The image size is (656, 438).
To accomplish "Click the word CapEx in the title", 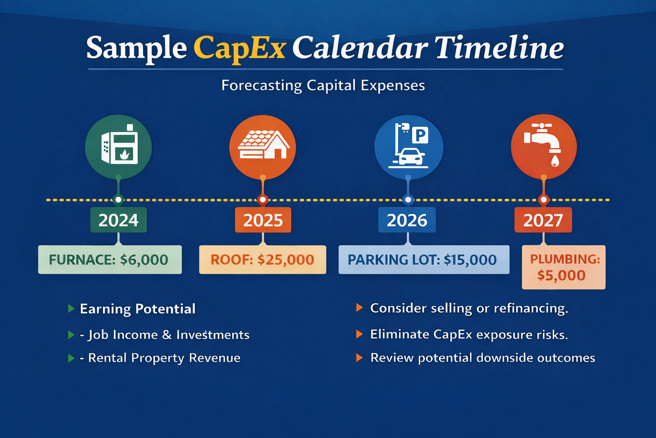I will click(x=239, y=48).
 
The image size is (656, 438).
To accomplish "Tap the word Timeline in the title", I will click(x=499, y=48).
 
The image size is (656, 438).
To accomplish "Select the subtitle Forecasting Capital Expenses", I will click(x=323, y=85).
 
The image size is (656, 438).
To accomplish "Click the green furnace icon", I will click(x=118, y=147).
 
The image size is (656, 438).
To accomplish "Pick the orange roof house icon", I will click(x=263, y=147).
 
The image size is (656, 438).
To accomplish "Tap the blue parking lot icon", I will click(x=409, y=147).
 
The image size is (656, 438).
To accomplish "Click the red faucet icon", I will click(x=544, y=146).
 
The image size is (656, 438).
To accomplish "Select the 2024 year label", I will click(x=118, y=220).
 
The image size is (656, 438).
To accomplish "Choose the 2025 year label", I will click(x=263, y=220).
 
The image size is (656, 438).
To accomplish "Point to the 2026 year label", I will click(x=407, y=220).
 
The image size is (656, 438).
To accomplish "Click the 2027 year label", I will click(x=543, y=220).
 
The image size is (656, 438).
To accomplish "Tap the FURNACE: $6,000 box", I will click(x=110, y=260).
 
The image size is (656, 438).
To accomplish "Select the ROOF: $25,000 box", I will click(x=262, y=260).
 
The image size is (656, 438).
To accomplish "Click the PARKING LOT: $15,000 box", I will click(x=423, y=260).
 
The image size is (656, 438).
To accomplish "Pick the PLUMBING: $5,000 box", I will click(x=563, y=267).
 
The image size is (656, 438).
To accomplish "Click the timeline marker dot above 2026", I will click(x=408, y=200).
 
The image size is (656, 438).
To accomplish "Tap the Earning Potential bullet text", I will click(x=138, y=309).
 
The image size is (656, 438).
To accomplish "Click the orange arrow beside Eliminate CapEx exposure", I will click(x=360, y=334).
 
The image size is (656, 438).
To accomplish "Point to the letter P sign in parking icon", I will click(x=420, y=136).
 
